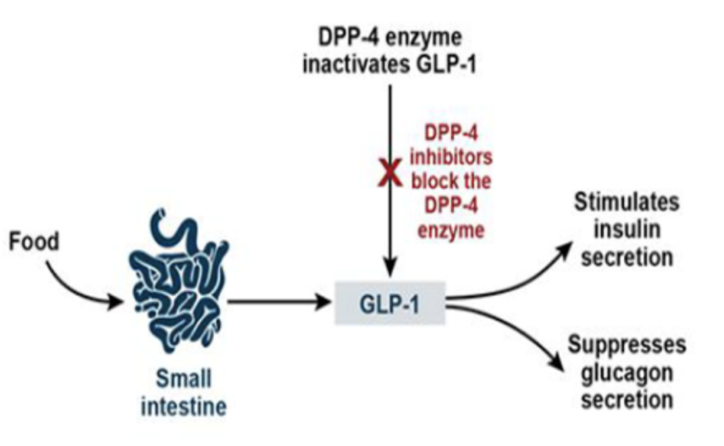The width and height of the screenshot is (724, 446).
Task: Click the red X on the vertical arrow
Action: (x=389, y=173)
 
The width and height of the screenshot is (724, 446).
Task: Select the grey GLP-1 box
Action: (x=391, y=301)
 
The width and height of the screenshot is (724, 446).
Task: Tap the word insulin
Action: (x=625, y=231)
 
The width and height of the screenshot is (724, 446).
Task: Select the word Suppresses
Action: (x=627, y=345)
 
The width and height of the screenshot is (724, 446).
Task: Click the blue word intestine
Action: (x=183, y=407)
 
